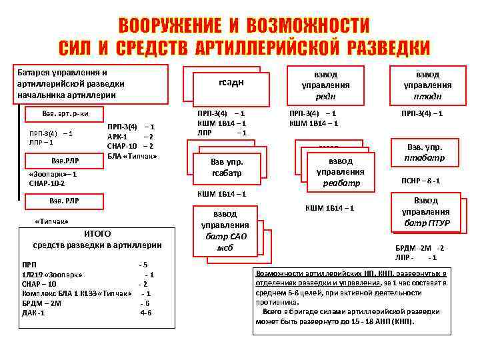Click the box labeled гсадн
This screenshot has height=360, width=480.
click(230, 82)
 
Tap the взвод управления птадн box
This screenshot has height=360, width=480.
click(427, 85)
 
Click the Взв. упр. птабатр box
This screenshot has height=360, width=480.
click(425, 153)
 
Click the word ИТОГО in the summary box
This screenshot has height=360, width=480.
click(97, 233)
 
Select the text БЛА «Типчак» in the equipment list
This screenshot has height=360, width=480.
click(132, 156)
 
